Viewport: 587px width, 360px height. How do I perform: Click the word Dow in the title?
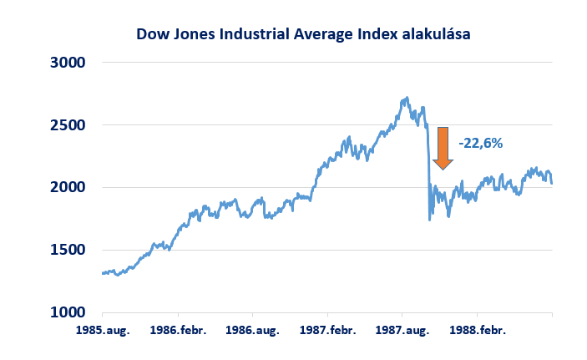(153, 34)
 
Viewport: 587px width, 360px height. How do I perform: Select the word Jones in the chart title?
(193, 34)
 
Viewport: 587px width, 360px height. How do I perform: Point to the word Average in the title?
(324, 34)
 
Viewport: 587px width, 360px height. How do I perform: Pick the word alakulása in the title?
(435, 34)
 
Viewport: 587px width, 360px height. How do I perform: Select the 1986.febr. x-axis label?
(177, 330)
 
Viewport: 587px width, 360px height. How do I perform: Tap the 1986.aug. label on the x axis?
(253, 330)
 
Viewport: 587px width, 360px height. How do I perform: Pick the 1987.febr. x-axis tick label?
(326, 330)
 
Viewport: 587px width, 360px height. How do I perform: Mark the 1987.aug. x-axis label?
(402, 330)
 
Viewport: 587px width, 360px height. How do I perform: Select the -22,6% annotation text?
(481, 143)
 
